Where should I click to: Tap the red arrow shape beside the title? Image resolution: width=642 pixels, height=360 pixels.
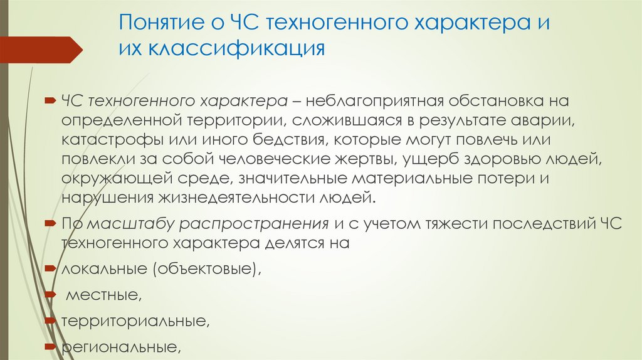[41, 49]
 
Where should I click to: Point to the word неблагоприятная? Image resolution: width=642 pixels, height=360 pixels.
[371, 102]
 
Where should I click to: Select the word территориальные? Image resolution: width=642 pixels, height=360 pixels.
[134, 321]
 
